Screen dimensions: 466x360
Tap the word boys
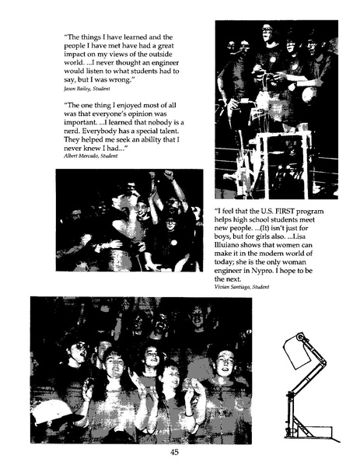pyautogui.click(x=225, y=232)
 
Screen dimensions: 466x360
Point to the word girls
pyautogui.click(x=271, y=232)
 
